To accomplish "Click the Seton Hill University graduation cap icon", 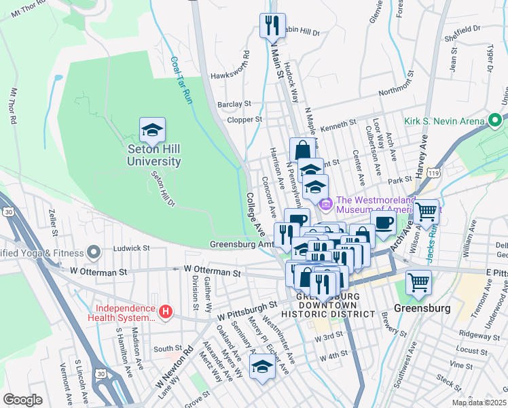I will tap(153, 129).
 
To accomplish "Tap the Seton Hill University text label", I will tap(154, 155).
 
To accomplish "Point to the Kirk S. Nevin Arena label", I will tap(444, 121).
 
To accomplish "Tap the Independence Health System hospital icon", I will tap(164, 313).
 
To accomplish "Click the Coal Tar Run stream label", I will tap(180, 80).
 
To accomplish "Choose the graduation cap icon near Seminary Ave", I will tap(261, 367).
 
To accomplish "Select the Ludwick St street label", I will tap(131, 248).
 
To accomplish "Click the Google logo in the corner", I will tap(22, 400).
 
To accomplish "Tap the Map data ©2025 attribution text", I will tap(477, 403).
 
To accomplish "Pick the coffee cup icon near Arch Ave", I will tap(384, 222).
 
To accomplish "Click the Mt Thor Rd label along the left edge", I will tap(12, 105).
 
